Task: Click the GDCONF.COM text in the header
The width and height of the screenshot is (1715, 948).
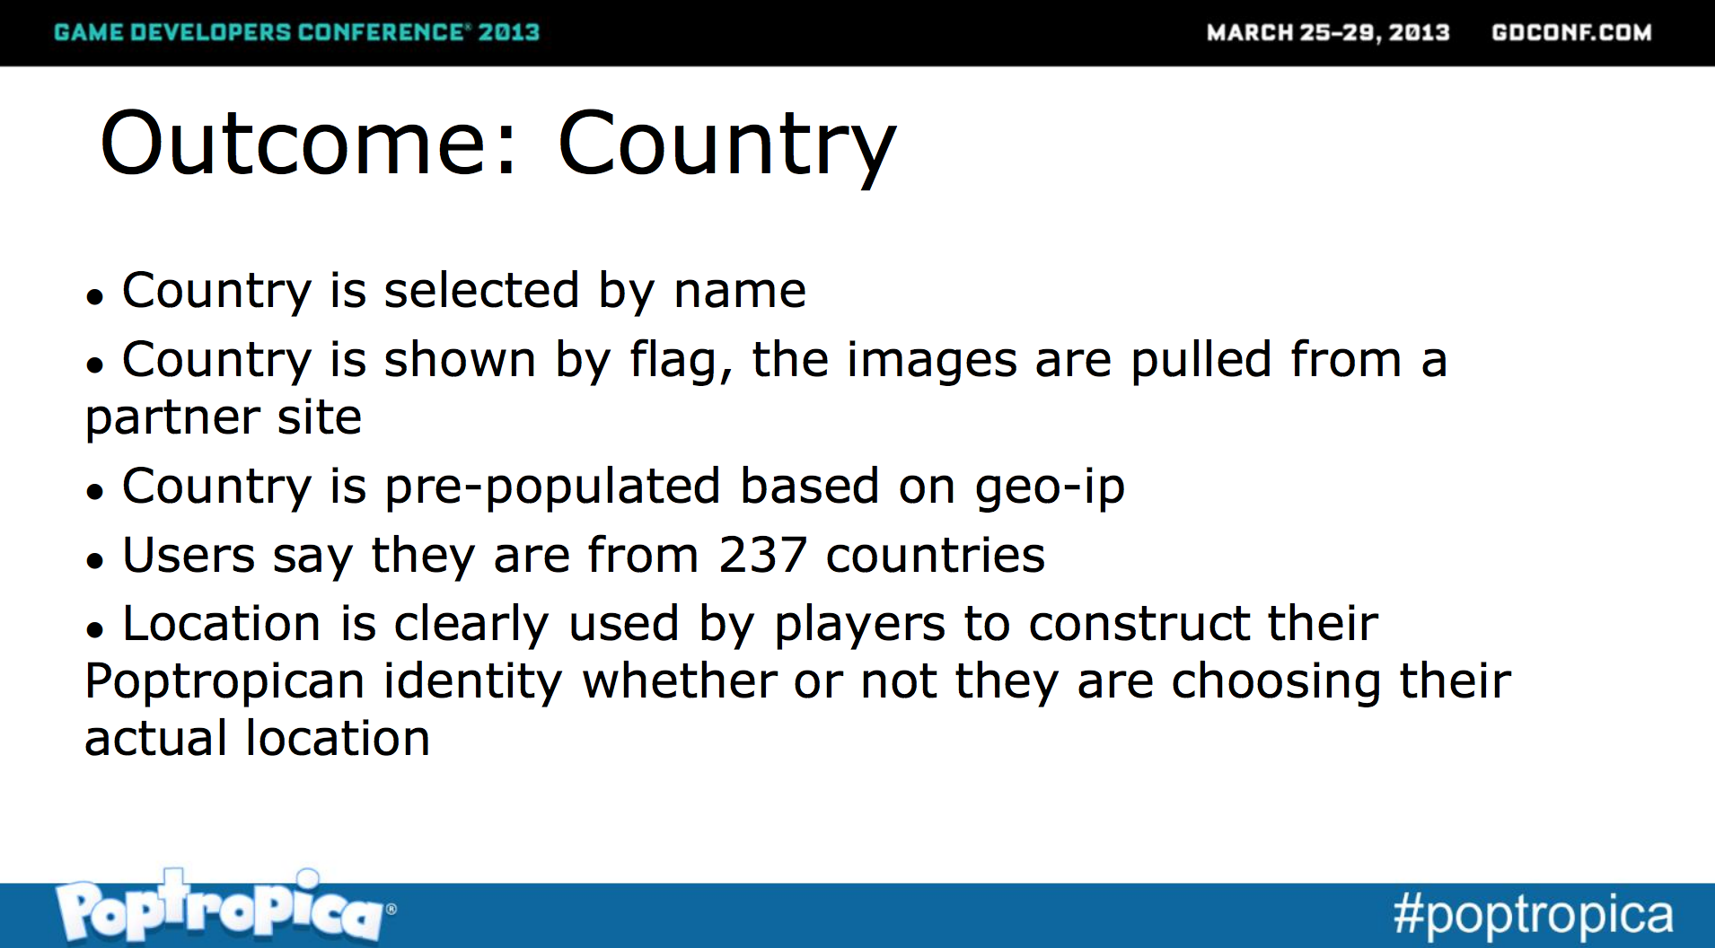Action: click(1571, 32)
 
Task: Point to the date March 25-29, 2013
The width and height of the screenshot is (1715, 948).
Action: click(1328, 32)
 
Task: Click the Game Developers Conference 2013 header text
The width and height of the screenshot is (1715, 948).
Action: click(296, 32)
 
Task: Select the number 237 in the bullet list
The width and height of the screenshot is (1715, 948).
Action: click(762, 555)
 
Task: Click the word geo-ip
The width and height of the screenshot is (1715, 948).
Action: click(1050, 488)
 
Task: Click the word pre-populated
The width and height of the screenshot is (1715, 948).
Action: click(552, 488)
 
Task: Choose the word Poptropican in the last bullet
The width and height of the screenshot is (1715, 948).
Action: click(224, 682)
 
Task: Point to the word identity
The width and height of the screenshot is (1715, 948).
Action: click(473, 682)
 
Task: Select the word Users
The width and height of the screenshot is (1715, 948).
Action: click(189, 555)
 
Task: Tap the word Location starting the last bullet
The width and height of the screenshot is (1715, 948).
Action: click(222, 624)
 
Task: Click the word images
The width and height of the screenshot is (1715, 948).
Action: click(932, 361)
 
